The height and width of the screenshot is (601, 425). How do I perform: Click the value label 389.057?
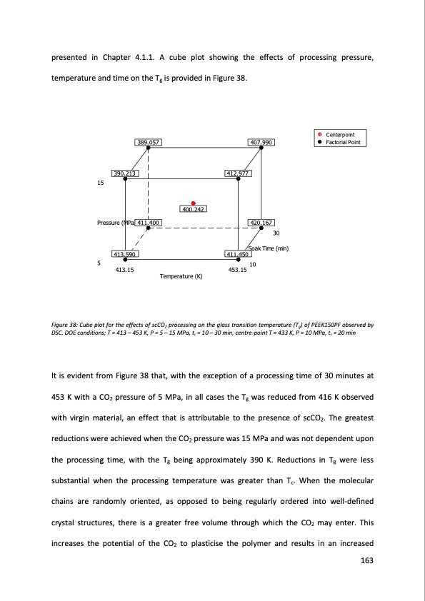(148, 142)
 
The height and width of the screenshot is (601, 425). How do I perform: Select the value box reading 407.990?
(261, 142)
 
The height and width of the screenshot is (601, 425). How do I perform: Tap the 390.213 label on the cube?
(125, 173)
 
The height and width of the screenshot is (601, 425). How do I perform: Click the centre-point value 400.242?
(194, 209)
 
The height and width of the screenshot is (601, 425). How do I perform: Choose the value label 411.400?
(148, 223)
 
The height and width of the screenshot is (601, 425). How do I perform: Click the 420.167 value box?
(261, 223)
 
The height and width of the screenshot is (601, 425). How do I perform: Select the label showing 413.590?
(125, 254)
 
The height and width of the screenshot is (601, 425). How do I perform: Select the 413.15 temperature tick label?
(125, 270)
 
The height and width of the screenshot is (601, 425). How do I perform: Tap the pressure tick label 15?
(99, 183)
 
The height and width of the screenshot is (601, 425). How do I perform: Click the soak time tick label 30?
(276, 233)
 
